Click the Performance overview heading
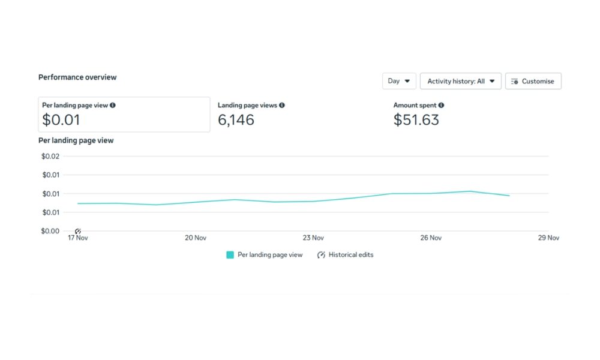[77, 77]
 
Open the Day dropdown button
[399, 81]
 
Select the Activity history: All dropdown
[460, 81]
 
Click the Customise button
[533, 81]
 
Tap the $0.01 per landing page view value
[61, 120]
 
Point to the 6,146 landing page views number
[236, 120]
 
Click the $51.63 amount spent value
[416, 120]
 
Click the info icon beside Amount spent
[441, 105]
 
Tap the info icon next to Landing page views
[282, 105]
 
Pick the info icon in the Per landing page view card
[113, 105]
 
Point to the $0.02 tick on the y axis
[50, 157]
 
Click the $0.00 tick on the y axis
[50, 231]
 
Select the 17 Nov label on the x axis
[78, 238]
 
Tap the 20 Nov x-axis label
[196, 238]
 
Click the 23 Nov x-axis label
[313, 238]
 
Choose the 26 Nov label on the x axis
[431, 238]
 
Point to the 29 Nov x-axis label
[548, 238]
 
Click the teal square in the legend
[230, 255]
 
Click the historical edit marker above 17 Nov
[78, 231]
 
